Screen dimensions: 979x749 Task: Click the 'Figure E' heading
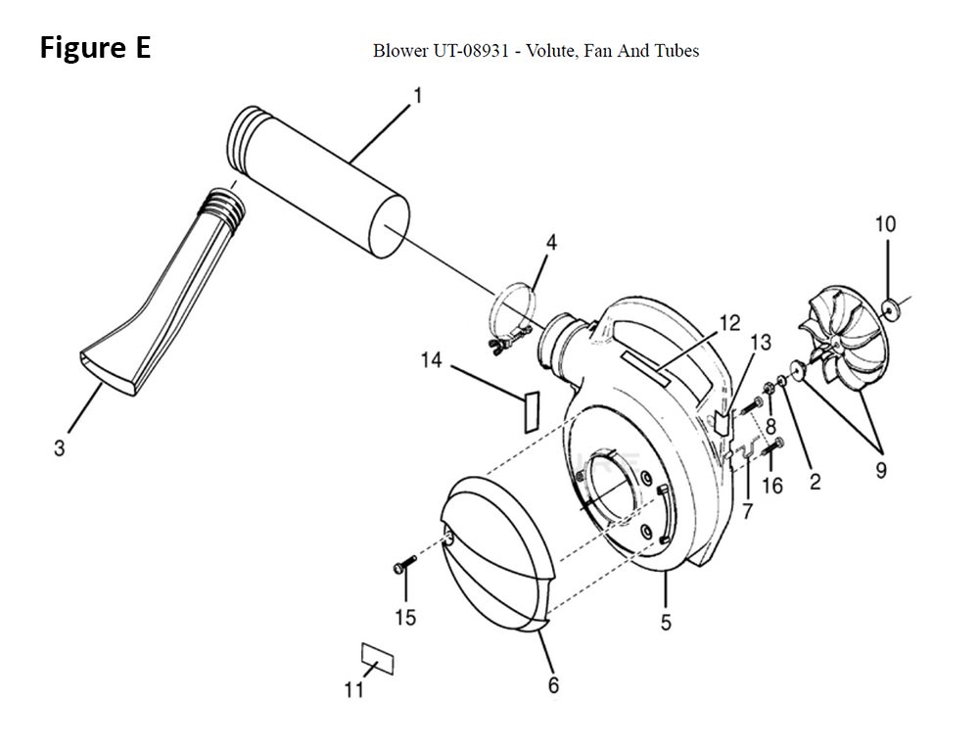point(96,47)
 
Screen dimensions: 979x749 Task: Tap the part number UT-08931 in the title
point(470,51)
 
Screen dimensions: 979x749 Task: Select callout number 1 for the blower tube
point(418,96)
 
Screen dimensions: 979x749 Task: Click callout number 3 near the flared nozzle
point(60,447)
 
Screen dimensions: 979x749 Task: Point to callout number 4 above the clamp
point(550,242)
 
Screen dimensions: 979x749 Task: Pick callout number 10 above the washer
point(885,223)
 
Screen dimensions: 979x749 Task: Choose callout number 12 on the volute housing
point(729,323)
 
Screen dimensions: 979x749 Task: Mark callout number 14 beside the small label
point(432,360)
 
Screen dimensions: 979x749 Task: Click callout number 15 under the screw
point(405,617)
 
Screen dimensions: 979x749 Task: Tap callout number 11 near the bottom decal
point(354,689)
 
